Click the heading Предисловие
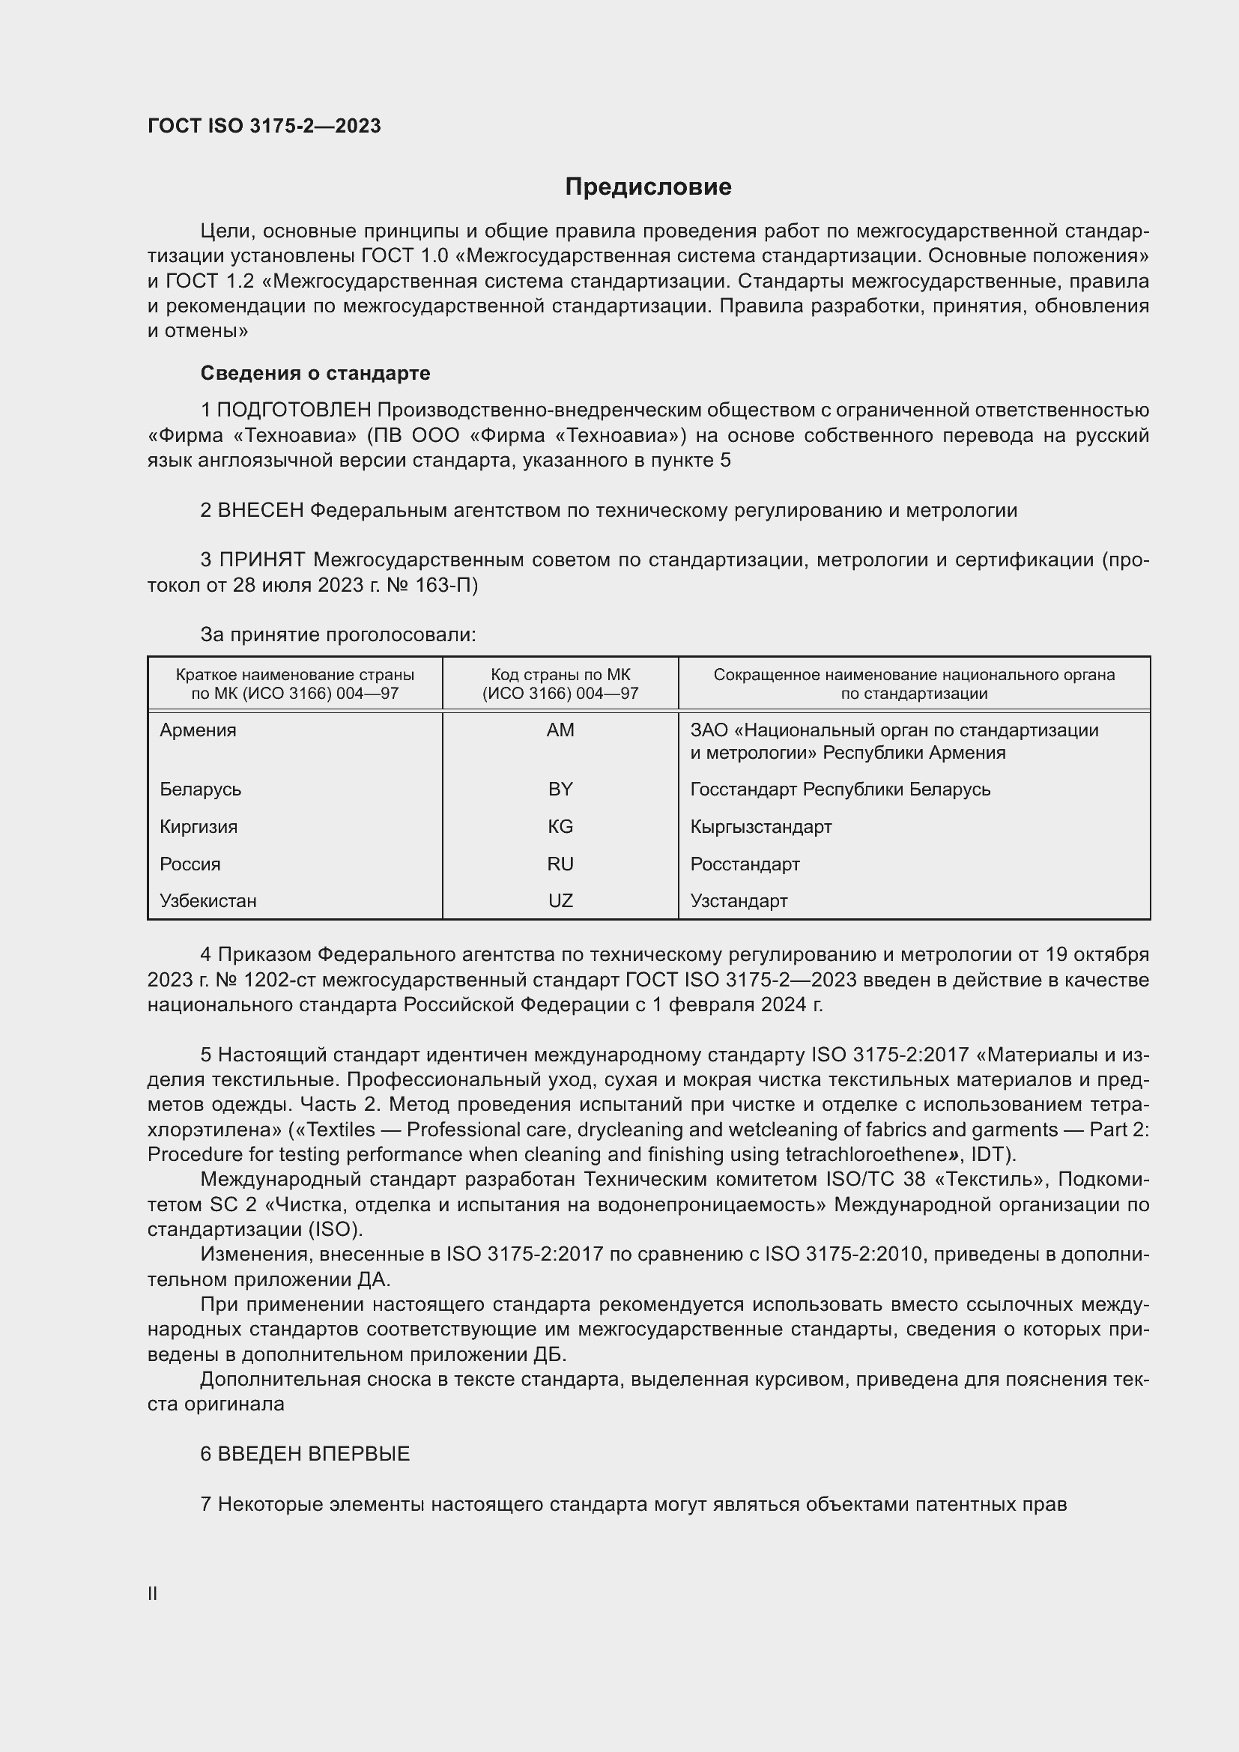[648, 187]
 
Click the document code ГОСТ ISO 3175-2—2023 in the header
[264, 126]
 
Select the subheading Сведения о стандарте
[315, 373]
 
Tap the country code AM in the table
[560, 730]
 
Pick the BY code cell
[560, 789]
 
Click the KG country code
[560, 826]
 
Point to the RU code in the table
[560, 864]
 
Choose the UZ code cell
[560, 900]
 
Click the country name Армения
[198, 730]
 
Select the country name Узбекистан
[207, 900]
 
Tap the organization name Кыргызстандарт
[760, 826]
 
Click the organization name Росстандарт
[745, 864]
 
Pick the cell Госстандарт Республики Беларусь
[840, 789]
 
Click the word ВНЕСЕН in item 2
[261, 511]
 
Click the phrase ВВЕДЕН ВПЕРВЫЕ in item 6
[314, 1455]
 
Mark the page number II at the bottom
[153, 1593]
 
